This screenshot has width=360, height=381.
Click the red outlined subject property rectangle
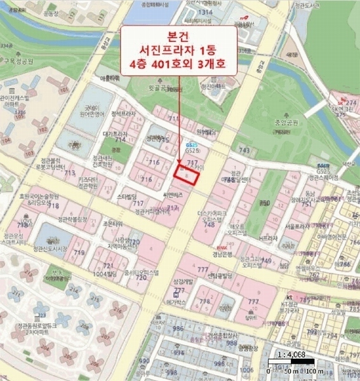pyautogui.click(x=187, y=173)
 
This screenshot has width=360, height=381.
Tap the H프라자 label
pyautogui.click(x=268, y=238)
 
